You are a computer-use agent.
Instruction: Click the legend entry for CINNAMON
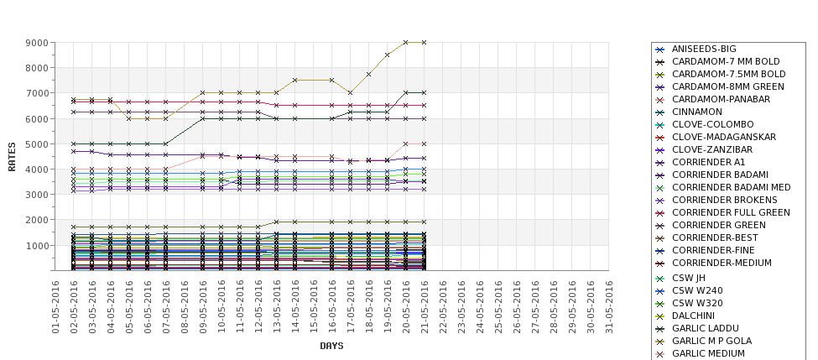click(x=697, y=112)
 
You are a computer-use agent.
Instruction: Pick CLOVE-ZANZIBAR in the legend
click(x=712, y=149)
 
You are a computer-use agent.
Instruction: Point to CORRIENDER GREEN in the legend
click(x=719, y=225)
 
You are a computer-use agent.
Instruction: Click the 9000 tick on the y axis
click(x=36, y=42)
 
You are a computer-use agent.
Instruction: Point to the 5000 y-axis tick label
click(x=36, y=143)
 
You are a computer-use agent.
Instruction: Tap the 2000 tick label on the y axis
click(x=36, y=220)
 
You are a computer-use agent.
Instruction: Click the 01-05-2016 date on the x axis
click(x=55, y=306)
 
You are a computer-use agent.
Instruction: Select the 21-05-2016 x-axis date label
click(x=425, y=306)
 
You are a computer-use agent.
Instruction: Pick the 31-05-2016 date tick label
click(x=609, y=306)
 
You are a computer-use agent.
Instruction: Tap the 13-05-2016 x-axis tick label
click(x=277, y=306)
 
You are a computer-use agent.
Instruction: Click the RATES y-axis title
click(x=12, y=156)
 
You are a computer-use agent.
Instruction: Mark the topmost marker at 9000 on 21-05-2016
click(x=425, y=42)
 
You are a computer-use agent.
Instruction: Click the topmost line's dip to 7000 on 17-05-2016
click(x=351, y=93)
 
